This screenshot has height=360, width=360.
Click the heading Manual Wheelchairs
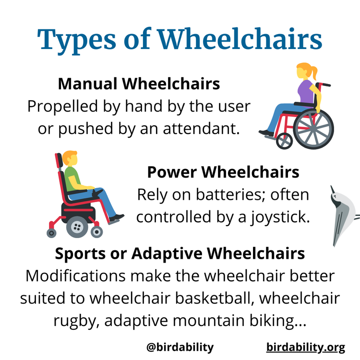[x=139, y=84]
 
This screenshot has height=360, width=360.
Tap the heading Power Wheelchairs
[x=223, y=172]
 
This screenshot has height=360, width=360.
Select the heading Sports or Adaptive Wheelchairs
[x=180, y=253]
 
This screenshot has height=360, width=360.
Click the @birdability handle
[x=180, y=347]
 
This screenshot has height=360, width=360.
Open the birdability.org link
[x=306, y=347]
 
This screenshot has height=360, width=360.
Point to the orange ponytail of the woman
[x=314, y=73]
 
